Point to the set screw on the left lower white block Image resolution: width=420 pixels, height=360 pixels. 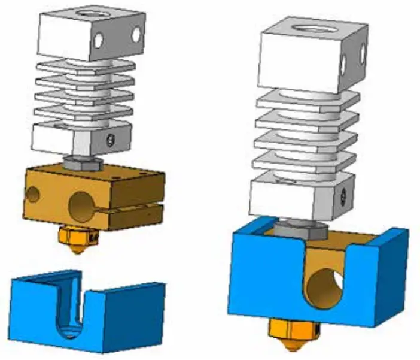(109, 140)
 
